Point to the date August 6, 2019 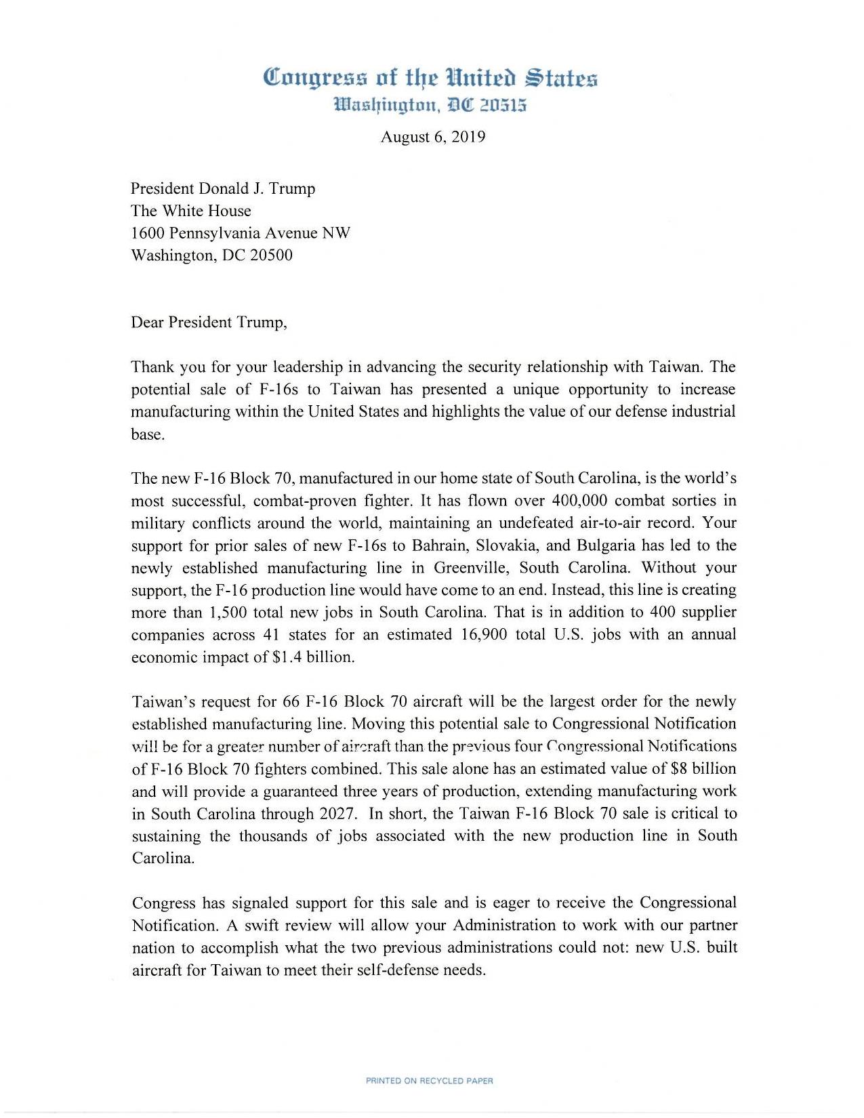(432, 137)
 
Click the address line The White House (191, 211)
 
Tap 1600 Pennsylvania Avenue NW (241, 233)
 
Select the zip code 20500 (272, 255)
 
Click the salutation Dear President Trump (209, 322)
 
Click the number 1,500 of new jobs (228, 613)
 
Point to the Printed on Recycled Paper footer (429, 1081)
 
